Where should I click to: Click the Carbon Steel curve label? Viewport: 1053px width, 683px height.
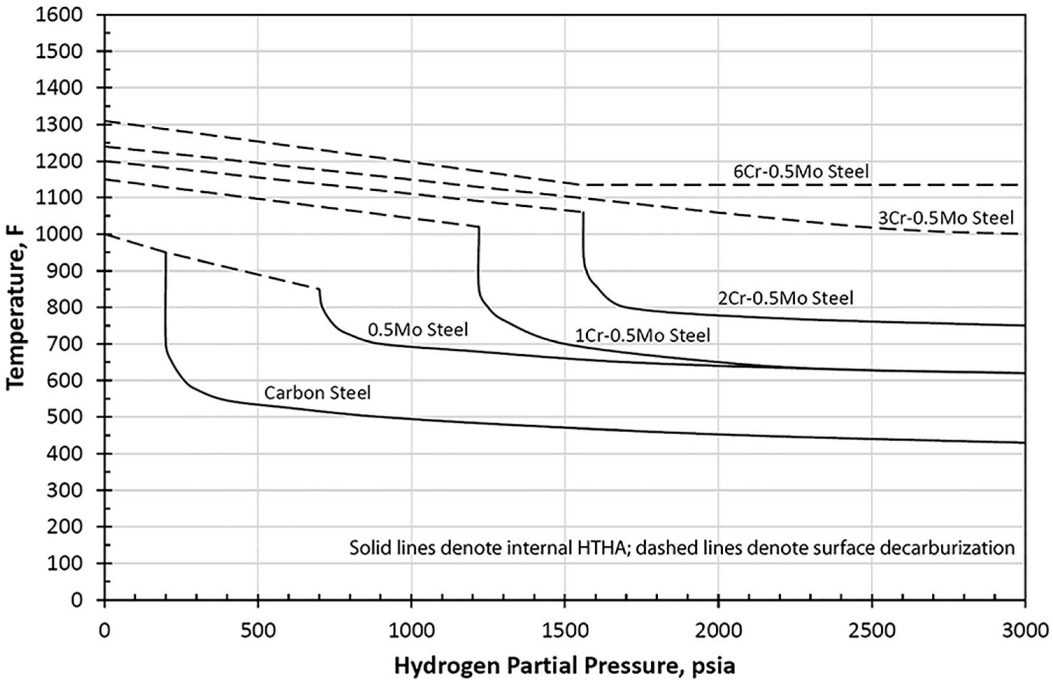tap(317, 393)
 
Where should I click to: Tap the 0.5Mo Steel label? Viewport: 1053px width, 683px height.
tap(418, 330)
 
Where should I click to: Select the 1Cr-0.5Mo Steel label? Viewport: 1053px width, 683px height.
tap(643, 335)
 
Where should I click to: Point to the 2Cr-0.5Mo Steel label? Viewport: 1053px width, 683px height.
tap(785, 298)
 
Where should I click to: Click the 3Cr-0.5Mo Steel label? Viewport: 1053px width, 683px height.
tap(945, 218)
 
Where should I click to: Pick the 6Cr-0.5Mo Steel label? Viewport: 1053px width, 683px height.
tap(801, 172)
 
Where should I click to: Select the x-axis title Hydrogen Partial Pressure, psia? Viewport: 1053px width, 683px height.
tap(565, 666)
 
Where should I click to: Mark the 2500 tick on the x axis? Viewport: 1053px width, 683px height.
tap(872, 630)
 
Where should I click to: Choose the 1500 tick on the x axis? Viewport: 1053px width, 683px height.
tap(565, 630)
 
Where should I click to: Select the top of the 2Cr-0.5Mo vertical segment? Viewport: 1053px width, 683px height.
tap(583, 213)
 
